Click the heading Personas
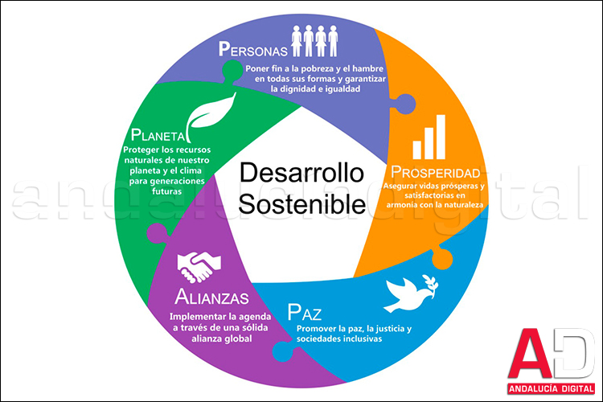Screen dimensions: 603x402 [x=253, y=48]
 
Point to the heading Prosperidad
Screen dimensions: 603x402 [x=436, y=173]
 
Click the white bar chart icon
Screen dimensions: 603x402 [x=429, y=136]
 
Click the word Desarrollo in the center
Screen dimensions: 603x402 [x=301, y=173]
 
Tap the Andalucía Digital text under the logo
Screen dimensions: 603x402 [x=550, y=390]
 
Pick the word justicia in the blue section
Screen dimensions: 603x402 [x=383, y=329]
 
